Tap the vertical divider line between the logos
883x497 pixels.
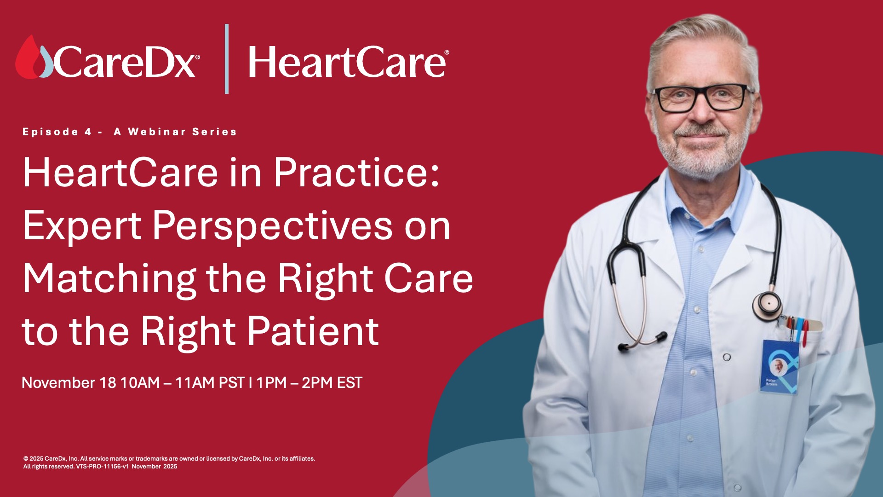227,59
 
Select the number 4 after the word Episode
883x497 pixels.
88,132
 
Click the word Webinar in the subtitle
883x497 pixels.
157,132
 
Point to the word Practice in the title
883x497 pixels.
357,173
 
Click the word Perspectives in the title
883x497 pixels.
272,226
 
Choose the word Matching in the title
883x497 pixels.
109,279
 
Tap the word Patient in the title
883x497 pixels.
313,331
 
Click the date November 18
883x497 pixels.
69,383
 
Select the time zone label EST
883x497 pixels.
350,383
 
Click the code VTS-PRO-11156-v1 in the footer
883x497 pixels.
102,467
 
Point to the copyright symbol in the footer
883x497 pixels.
26,459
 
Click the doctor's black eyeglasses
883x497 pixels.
703,98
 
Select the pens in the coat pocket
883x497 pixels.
798,329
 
